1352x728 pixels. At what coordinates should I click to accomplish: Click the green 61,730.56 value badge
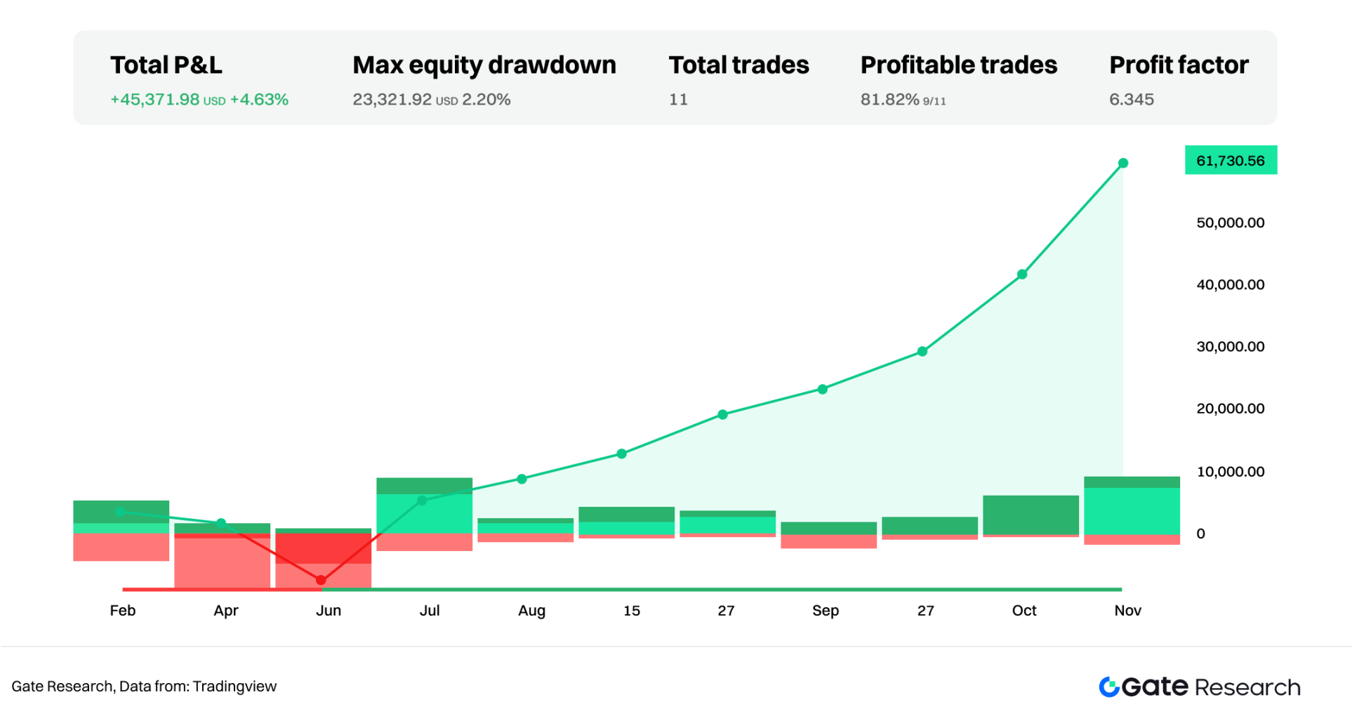coord(1230,161)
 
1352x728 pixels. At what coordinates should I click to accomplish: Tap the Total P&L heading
coord(166,65)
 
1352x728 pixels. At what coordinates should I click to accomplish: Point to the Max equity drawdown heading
coord(484,65)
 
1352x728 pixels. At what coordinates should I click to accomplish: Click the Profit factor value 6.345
coord(1131,100)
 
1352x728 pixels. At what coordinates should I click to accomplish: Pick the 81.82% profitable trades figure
coord(889,100)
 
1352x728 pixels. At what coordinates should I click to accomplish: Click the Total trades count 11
coord(678,100)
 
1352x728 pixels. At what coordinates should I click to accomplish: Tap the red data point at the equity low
coord(321,580)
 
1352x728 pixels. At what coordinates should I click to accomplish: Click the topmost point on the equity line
coord(1123,163)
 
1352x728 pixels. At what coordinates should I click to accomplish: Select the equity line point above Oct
coord(1022,274)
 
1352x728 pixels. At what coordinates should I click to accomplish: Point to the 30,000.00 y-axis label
coord(1230,347)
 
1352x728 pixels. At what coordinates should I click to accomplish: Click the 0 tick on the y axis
coord(1200,534)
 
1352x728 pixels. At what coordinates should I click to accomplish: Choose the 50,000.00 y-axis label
coord(1230,223)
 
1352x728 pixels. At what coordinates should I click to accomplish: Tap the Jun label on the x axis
coord(328,611)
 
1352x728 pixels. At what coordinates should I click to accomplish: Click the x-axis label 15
coord(631,611)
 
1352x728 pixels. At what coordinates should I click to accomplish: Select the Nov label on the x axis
coord(1127,611)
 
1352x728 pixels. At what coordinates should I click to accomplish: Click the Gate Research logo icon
coord(1109,687)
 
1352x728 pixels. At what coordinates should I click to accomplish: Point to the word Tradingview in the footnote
coord(234,687)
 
